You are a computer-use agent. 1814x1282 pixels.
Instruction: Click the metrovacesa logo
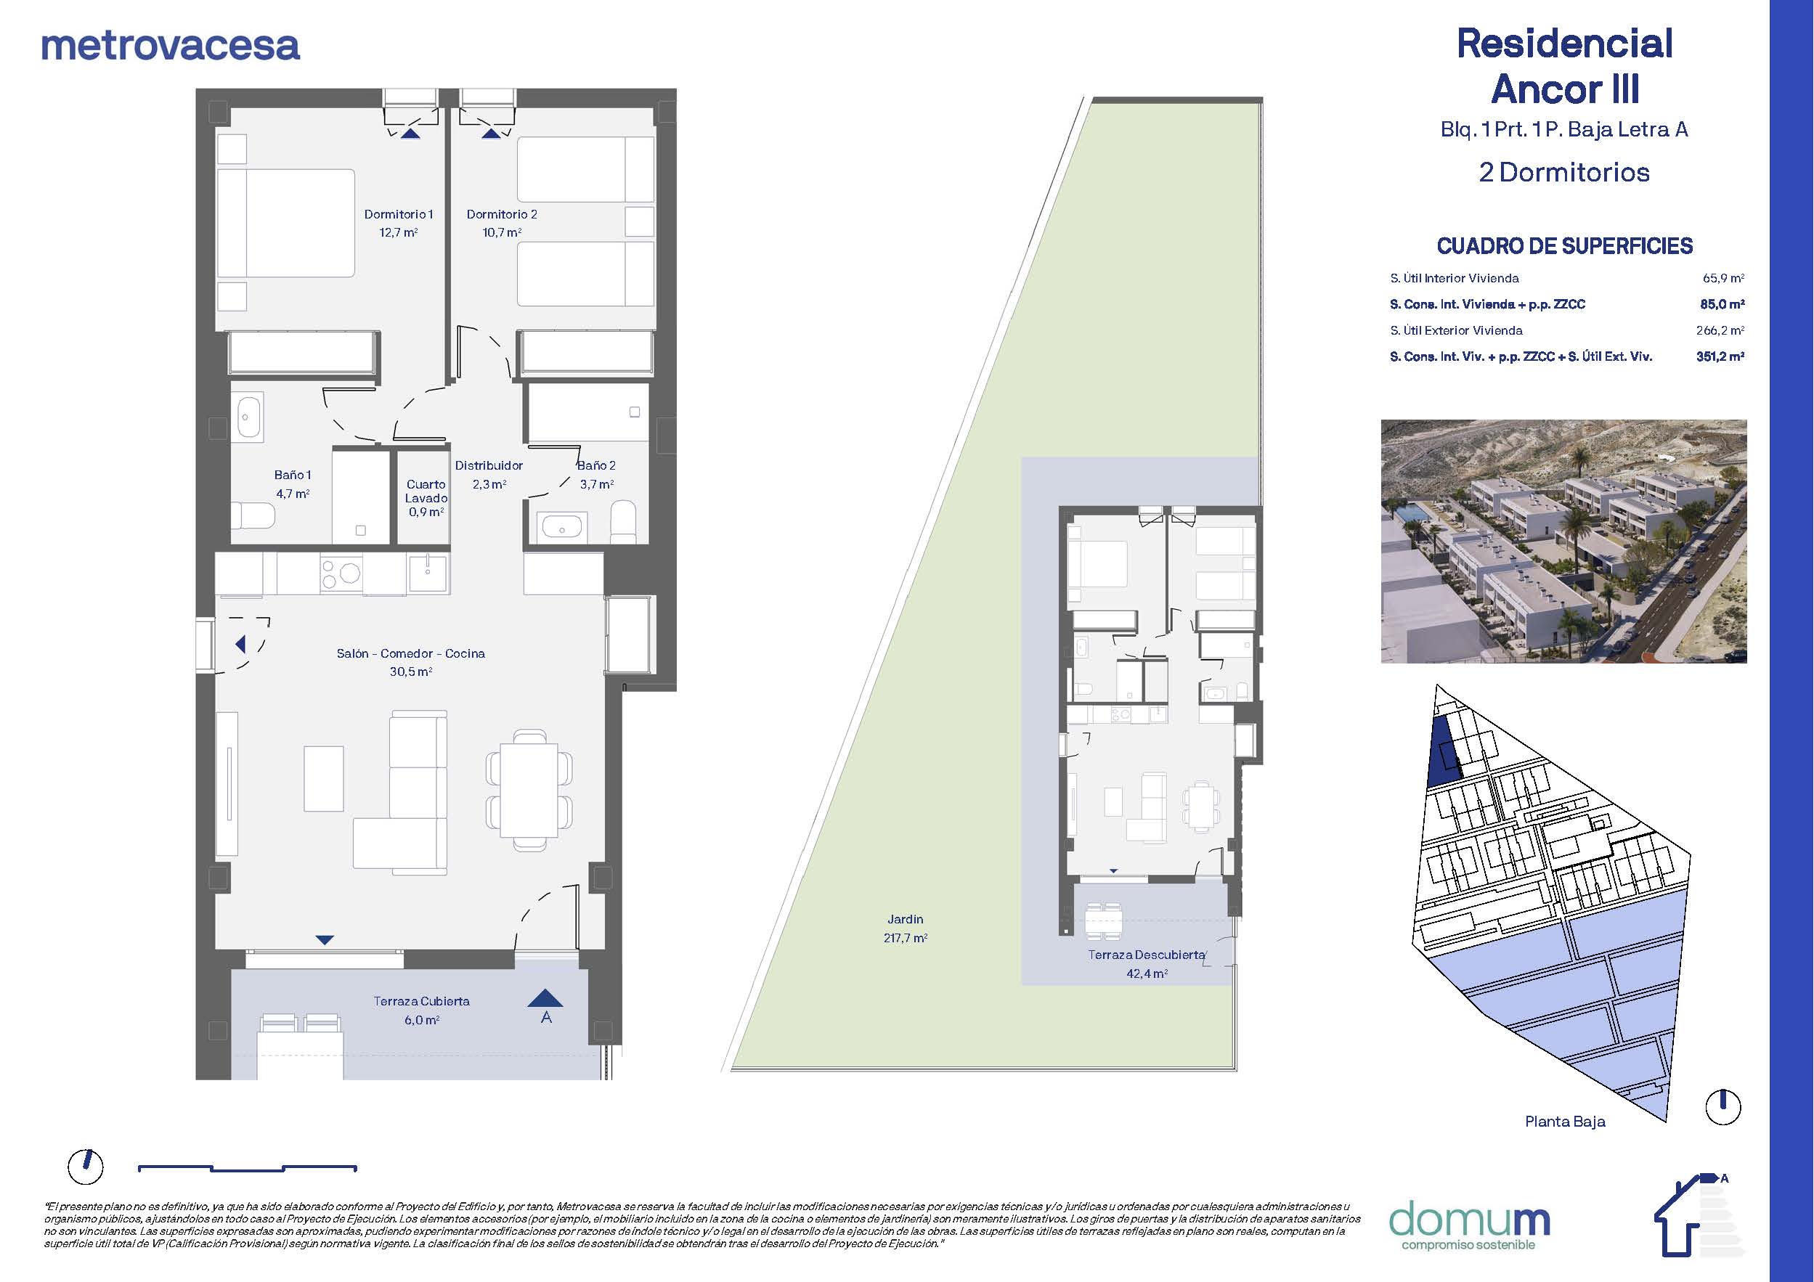pyautogui.click(x=170, y=45)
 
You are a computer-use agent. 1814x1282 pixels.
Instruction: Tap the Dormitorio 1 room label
pyautogui.click(x=398, y=214)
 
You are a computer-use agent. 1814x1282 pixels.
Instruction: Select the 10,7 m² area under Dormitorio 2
pyautogui.click(x=502, y=233)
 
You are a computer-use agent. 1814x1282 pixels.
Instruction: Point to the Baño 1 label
pyautogui.click(x=293, y=475)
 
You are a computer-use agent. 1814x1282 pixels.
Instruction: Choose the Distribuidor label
pyautogui.click(x=489, y=466)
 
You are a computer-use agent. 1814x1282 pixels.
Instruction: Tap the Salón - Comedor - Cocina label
pyautogui.click(x=411, y=654)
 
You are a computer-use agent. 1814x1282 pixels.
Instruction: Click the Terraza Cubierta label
pyautogui.click(x=422, y=1002)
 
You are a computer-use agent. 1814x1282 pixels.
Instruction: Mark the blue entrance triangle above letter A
pyautogui.click(x=545, y=998)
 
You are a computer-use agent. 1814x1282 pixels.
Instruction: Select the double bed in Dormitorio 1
pyautogui.click(x=286, y=223)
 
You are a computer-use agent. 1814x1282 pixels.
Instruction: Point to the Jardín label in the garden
pyautogui.click(x=906, y=920)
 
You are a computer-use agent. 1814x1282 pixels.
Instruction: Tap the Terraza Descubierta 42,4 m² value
pyautogui.click(x=1147, y=974)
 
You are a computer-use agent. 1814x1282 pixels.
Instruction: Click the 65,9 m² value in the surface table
pyautogui.click(x=1723, y=278)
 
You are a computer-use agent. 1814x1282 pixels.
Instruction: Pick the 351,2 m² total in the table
pyautogui.click(x=1720, y=356)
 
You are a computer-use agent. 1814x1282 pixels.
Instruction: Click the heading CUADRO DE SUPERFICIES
pyautogui.click(x=1564, y=246)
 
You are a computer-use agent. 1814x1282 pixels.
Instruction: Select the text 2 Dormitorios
pyautogui.click(x=1564, y=172)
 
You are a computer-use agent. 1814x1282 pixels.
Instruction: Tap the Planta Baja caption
pyautogui.click(x=1565, y=1122)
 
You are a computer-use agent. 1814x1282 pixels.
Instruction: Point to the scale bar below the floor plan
pyautogui.click(x=248, y=1167)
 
